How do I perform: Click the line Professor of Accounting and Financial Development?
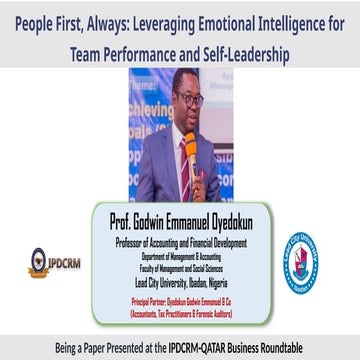tap(181, 239)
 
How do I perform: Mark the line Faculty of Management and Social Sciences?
tap(181, 265)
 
